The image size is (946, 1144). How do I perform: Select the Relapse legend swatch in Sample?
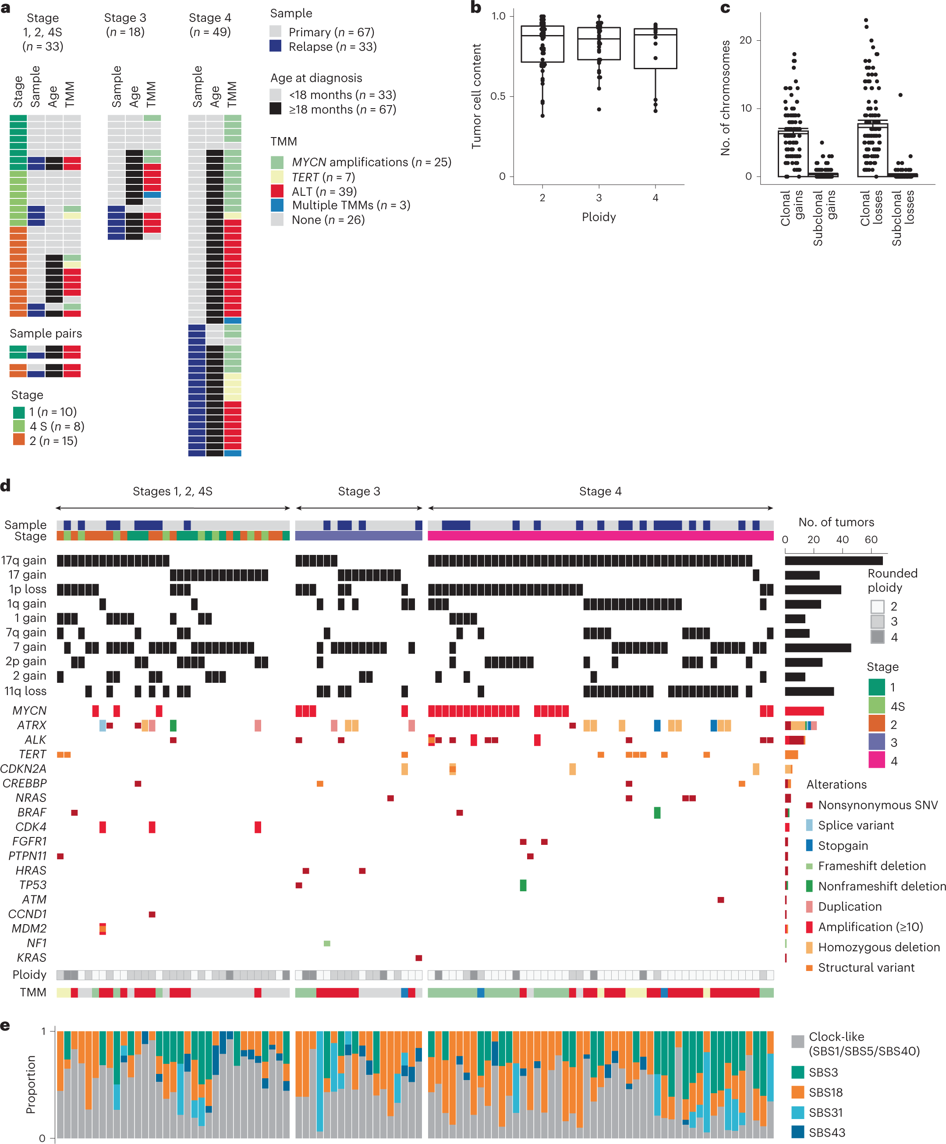[x=276, y=46]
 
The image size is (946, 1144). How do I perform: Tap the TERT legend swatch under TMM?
[x=277, y=177]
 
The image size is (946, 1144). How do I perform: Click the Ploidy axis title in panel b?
[x=599, y=217]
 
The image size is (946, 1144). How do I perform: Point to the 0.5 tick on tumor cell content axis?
[x=498, y=96]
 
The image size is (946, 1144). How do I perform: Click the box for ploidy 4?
[x=655, y=49]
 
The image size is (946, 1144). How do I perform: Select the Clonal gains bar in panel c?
[x=793, y=152]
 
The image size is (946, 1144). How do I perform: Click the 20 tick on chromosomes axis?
[x=745, y=40]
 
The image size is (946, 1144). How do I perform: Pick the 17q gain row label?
[x=24, y=560]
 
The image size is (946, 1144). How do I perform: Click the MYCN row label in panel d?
[x=29, y=710]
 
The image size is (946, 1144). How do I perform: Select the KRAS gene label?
[x=32, y=957]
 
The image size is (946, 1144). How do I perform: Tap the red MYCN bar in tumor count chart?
[x=804, y=711]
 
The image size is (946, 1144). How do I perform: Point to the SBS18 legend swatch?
[x=798, y=1092]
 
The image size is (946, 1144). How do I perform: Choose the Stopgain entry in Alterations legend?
[x=843, y=845]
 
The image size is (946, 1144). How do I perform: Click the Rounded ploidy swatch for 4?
[x=877, y=637]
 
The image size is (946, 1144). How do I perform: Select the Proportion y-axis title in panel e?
[x=31, y=1084]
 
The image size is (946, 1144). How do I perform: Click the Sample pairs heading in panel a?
[x=46, y=333]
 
